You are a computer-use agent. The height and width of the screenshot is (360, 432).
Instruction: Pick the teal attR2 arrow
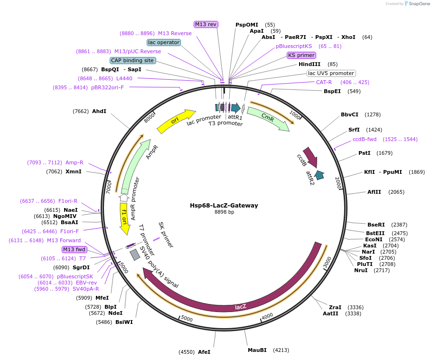[x=319, y=175]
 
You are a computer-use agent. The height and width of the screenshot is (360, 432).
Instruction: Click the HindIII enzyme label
[x=310, y=64]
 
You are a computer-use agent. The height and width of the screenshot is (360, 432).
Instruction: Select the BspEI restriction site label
[x=332, y=91]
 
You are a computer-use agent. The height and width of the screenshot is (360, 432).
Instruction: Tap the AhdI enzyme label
[x=99, y=111]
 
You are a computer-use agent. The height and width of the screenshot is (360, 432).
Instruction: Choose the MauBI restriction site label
[x=257, y=350]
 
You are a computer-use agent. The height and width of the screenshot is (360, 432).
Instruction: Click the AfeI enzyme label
[x=204, y=352]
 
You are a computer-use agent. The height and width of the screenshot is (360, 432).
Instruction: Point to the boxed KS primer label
[x=301, y=55]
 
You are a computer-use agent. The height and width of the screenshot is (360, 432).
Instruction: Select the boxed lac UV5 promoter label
[x=331, y=73]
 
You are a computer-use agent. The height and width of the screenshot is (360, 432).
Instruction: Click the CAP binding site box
[x=132, y=60]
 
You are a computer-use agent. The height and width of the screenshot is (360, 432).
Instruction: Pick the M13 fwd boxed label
[x=75, y=249]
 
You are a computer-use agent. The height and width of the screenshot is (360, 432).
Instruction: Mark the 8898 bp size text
[x=224, y=212]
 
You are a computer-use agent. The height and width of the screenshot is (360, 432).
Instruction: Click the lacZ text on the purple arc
[x=241, y=306]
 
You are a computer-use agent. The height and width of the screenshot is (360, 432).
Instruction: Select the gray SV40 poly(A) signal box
[x=135, y=255]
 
